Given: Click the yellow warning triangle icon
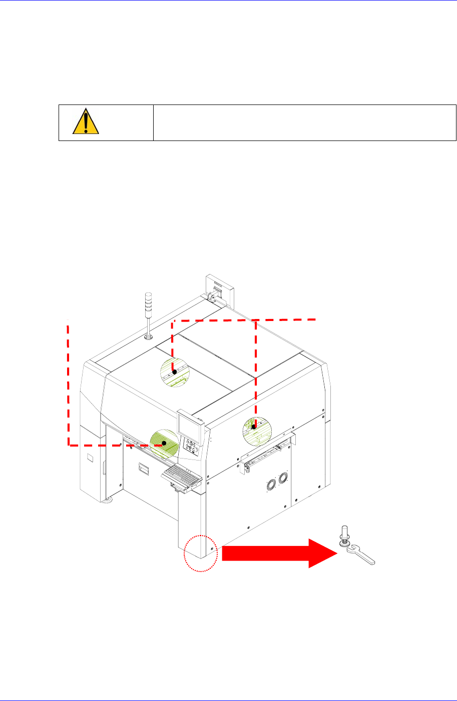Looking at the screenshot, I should coord(82,122).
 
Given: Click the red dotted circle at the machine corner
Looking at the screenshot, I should coord(200,553).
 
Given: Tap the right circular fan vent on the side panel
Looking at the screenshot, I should coord(283,478).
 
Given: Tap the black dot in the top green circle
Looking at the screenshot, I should coord(174,372).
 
